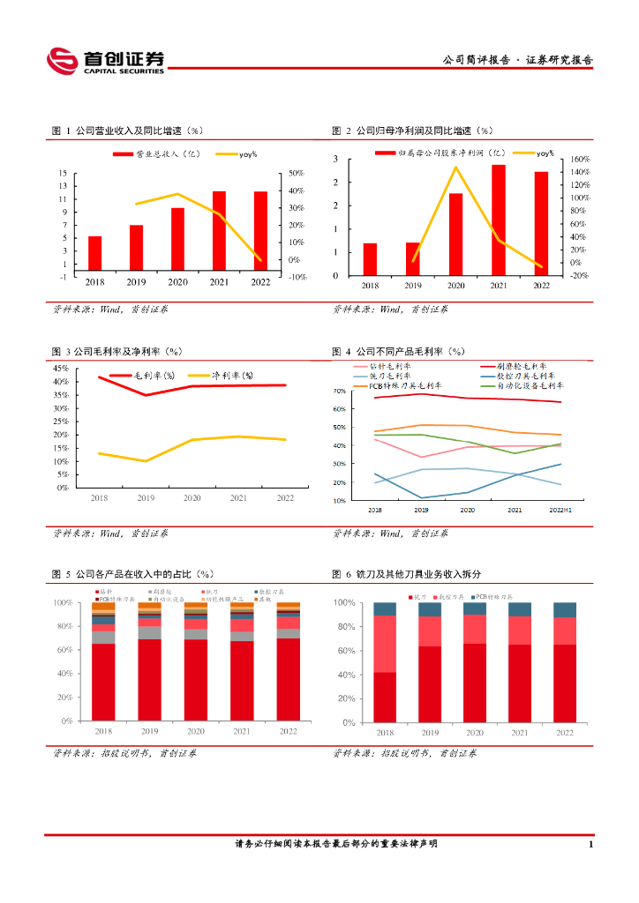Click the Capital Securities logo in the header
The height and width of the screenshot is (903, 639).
point(106,60)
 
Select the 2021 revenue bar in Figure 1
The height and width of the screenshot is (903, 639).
point(219,231)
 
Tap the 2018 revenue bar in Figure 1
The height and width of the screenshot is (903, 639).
point(94,253)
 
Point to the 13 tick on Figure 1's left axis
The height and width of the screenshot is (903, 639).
point(64,186)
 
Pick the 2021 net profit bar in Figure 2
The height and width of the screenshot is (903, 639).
point(499,220)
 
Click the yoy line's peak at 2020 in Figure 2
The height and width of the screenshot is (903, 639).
point(455,167)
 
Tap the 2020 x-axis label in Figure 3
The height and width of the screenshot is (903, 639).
point(192,499)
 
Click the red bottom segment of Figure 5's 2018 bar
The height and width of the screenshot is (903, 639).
point(104,682)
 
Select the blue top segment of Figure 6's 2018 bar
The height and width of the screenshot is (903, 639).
point(385,608)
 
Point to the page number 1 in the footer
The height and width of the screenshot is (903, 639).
point(590,845)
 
